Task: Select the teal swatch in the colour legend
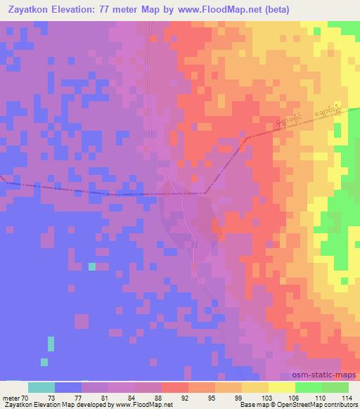click(x=41, y=387)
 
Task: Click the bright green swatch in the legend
click(x=309, y=387)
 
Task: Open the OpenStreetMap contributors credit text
click(x=317, y=405)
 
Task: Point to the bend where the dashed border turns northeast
click(x=205, y=193)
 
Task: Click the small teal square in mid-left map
click(x=92, y=266)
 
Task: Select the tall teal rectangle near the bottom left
click(x=51, y=344)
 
